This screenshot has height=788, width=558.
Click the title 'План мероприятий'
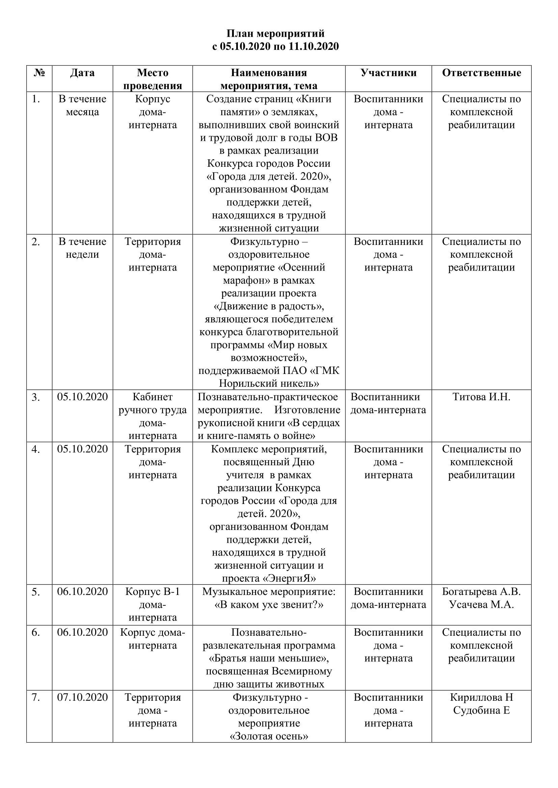[275, 34]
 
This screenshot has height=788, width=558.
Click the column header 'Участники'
[388, 73]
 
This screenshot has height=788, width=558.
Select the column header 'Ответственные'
[481, 73]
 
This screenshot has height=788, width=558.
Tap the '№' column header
[39, 73]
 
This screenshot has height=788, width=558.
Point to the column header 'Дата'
[82, 73]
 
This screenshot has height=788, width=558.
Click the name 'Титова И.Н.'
[481, 397]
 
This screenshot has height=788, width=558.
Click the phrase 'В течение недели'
[82, 248]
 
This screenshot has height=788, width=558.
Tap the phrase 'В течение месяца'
[82, 105]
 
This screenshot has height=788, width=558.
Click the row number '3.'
[36, 397]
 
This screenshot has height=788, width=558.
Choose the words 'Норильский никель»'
[269, 383]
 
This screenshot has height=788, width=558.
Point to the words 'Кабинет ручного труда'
[152, 403]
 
